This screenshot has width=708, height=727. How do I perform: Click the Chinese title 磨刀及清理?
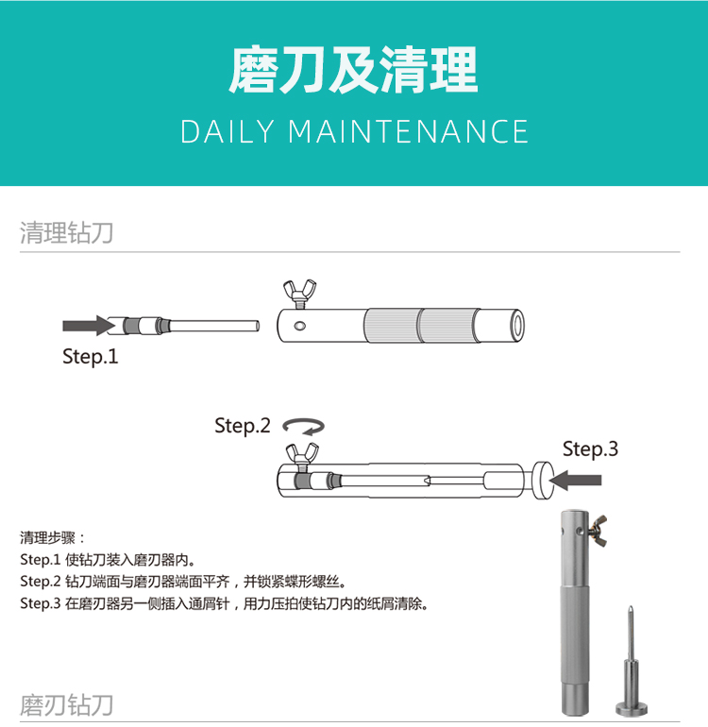tap(353, 70)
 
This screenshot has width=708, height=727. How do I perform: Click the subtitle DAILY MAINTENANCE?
tap(355, 131)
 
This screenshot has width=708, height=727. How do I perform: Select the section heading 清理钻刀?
tap(67, 232)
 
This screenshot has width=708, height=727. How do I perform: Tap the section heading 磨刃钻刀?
tap(67, 704)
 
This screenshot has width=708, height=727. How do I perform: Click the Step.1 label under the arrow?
tap(91, 357)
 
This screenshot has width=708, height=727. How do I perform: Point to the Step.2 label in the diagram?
tap(243, 426)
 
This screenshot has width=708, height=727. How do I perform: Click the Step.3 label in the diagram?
tap(590, 448)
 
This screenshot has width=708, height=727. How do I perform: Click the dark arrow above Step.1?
tap(88, 326)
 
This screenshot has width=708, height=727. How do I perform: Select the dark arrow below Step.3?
tap(576, 481)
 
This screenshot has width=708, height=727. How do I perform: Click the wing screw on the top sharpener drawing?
tap(299, 294)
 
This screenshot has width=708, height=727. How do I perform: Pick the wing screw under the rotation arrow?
tap(302, 455)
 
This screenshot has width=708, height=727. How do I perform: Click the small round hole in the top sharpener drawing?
tap(299, 326)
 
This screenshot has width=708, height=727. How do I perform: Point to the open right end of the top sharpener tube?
tap(517, 326)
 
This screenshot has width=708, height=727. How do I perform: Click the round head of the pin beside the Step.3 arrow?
tap(542, 481)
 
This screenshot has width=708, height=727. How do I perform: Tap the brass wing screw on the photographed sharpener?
tap(598, 530)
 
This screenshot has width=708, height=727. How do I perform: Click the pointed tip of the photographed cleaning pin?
tap(631, 607)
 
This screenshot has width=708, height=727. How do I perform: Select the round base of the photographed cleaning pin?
tap(632, 708)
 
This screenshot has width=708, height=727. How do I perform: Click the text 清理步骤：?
tap(53, 538)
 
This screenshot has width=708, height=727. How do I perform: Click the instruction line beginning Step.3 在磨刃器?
tap(225, 603)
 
